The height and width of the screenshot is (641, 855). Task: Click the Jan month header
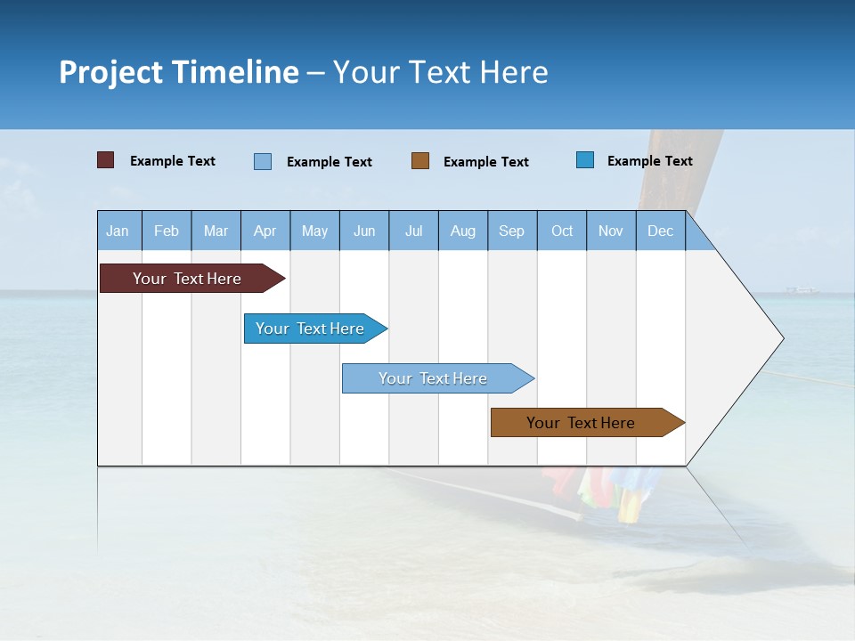(x=118, y=231)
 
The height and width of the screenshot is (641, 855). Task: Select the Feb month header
(x=167, y=231)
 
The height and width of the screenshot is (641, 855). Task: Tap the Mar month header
(x=216, y=231)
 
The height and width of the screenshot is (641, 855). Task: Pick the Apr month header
(x=265, y=231)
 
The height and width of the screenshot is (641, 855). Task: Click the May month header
(x=314, y=231)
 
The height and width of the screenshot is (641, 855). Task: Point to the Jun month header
(x=364, y=231)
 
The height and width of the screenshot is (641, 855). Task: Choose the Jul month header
(x=413, y=231)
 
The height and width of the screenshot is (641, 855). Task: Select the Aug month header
(x=463, y=231)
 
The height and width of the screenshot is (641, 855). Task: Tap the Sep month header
(x=512, y=231)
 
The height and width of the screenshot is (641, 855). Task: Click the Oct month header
(x=562, y=231)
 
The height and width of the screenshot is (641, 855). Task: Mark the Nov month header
(x=611, y=231)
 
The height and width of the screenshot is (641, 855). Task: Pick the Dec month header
(x=661, y=231)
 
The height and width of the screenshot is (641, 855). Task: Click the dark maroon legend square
(x=106, y=160)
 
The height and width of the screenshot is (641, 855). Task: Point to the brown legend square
(x=420, y=160)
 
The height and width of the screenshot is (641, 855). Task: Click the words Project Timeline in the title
(x=178, y=72)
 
